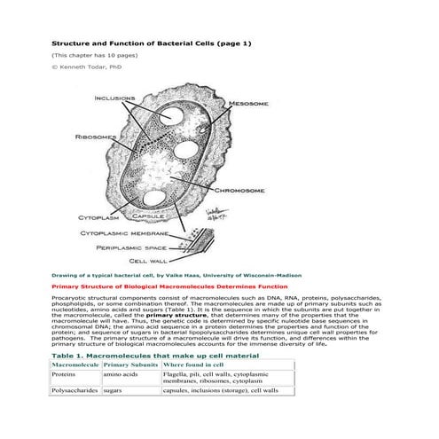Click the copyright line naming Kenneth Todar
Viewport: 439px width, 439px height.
coord(86,66)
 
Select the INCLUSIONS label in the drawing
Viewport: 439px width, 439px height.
coord(115,98)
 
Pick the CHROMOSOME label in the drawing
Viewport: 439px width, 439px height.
coord(241,191)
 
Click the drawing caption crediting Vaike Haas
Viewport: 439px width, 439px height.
coord(164,276)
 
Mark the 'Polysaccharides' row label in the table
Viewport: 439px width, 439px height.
coord(75,415)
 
